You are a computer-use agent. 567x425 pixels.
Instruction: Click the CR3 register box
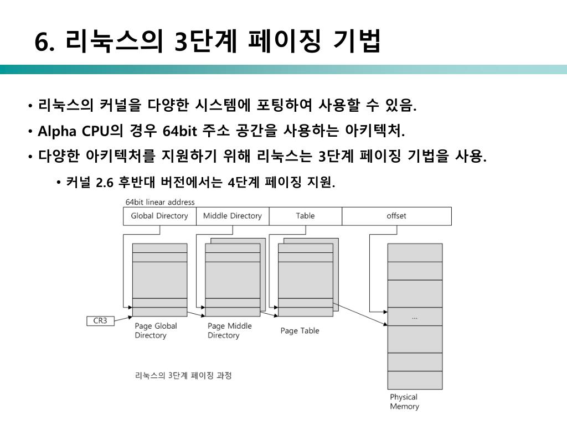pos(100,320)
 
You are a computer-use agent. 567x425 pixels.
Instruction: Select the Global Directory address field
pos(159,216)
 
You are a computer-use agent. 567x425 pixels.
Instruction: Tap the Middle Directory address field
pos(233,216)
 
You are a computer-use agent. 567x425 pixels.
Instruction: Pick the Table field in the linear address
pos(305,216)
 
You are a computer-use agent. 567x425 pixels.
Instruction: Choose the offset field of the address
pos(396,216)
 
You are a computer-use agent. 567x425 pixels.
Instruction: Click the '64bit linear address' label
pos(160,202)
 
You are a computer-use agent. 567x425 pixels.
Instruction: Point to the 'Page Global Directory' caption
pos(156,330)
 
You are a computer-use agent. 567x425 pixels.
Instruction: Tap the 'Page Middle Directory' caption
pos(229,330)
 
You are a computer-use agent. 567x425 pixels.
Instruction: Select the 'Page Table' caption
pos(300,330)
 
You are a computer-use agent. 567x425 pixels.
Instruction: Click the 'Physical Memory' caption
pos(404,402)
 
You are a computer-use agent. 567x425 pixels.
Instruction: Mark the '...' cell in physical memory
pos(415,317)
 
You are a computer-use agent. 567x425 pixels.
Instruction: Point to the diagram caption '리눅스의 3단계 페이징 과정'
pos(183,375)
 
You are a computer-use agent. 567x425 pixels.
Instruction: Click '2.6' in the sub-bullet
pos(105,183)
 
